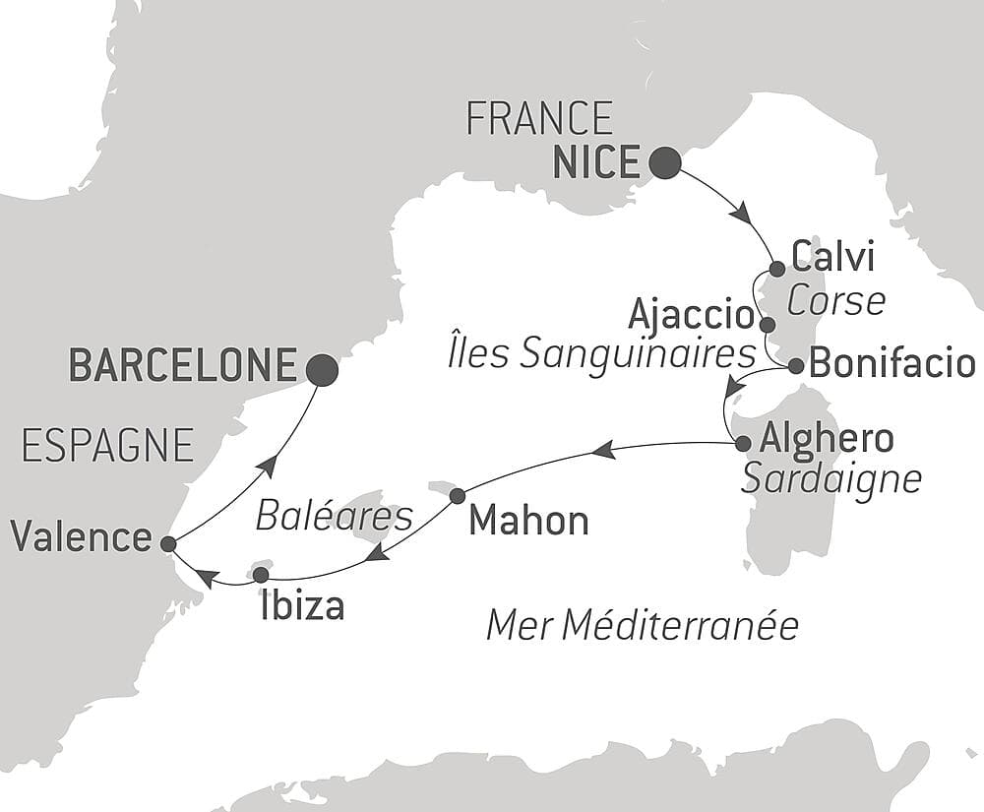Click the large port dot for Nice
[666, 163]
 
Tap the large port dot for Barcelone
[322, 369]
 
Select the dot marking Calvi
[776, 269]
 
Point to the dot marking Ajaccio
[768, 324]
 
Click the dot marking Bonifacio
[796, 366]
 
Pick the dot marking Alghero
[743, 444]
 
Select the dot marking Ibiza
[261, 574]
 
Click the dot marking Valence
[168, 543]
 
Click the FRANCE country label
[539, 119]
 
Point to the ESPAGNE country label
[107, 446]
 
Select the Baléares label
[334, 515]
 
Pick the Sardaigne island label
[830, 478]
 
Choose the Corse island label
[835, 301]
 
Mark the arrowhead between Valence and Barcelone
[265, 463]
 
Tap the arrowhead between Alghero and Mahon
[603, 451]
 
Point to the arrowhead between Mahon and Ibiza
[377, 556]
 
